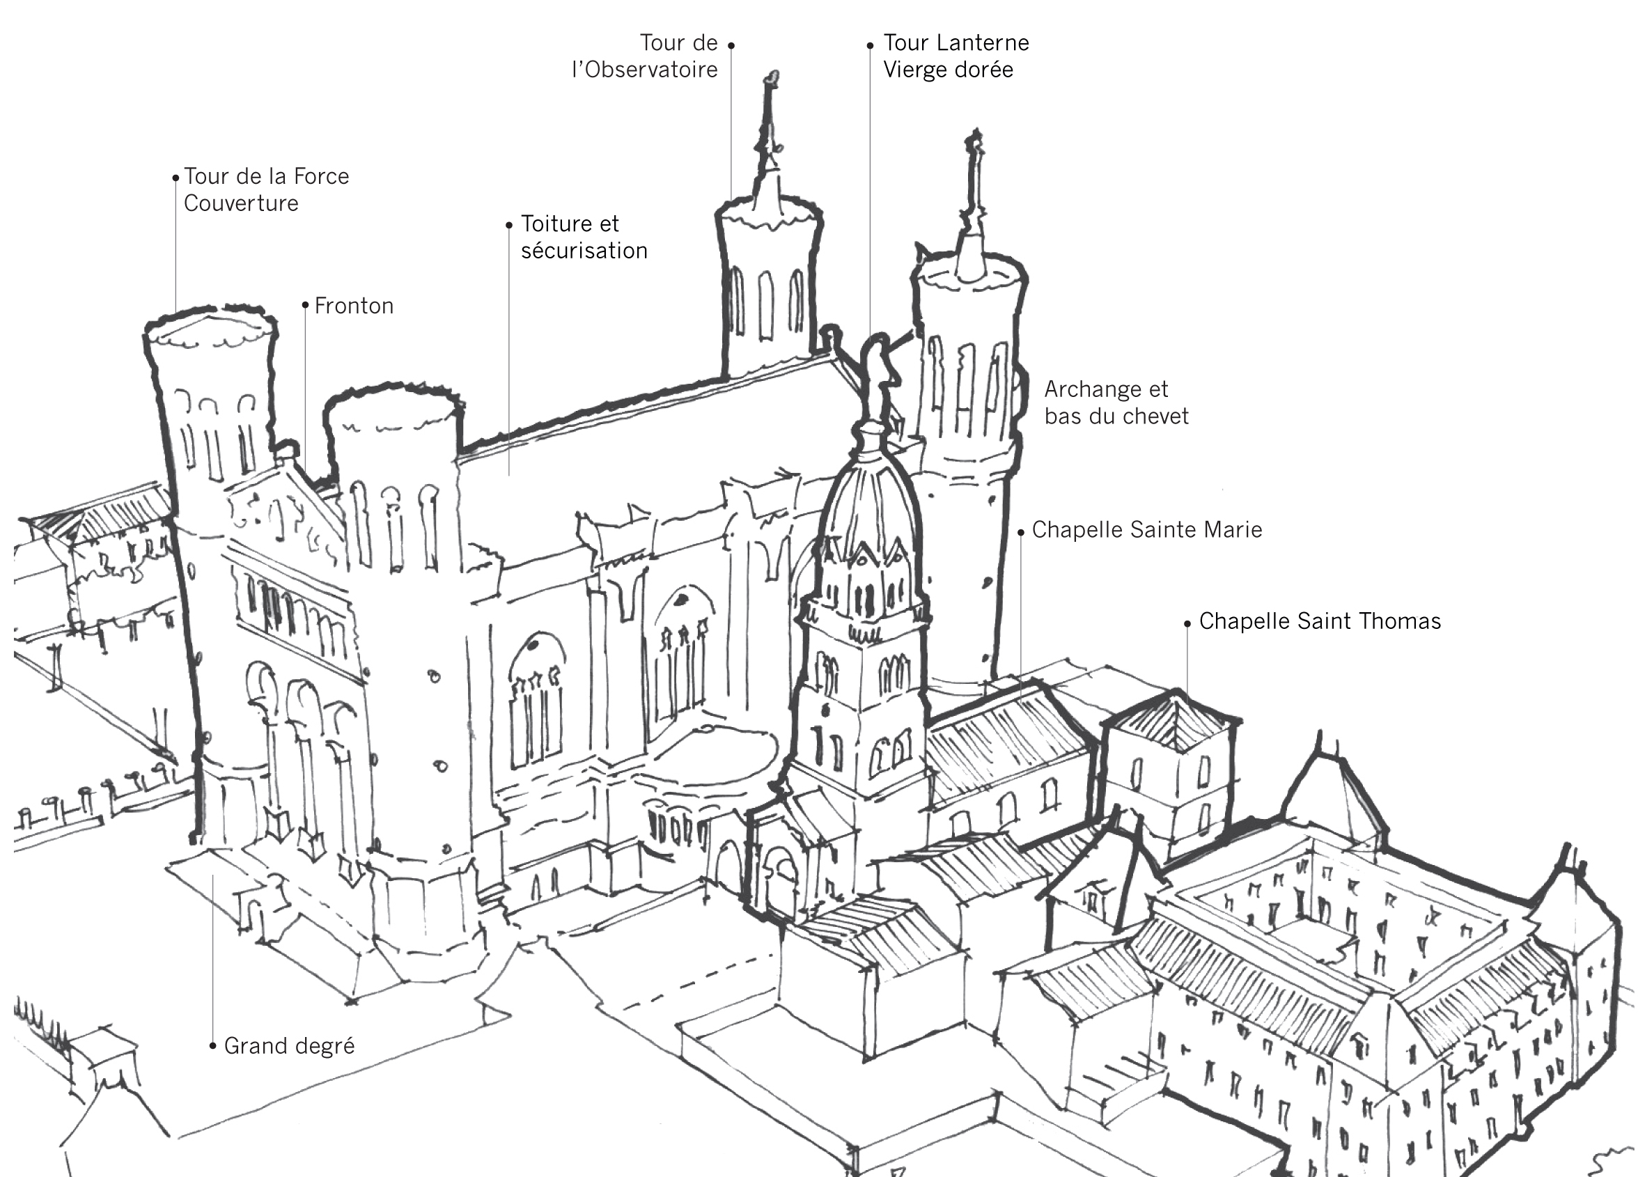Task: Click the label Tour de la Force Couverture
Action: point(266,189)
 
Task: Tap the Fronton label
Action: point(354,306)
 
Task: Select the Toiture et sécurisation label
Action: point(584,237)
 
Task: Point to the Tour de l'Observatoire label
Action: point(645,56)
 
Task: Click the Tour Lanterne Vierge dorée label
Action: point(955,56)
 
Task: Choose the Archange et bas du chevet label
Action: point(1116,403)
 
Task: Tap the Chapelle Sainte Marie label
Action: point(1146,530)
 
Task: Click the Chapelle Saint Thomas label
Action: point(1320,621)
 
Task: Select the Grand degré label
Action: point(289,1046)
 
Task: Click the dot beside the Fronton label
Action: point(305,305)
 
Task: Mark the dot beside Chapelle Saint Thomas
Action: point(1187,623)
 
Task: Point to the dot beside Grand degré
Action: point(212,1046)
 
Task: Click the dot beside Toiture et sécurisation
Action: point(508,226)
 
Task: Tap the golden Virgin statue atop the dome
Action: point(878,377)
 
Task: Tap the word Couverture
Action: point(240,203)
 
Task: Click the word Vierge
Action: point(914,70)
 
